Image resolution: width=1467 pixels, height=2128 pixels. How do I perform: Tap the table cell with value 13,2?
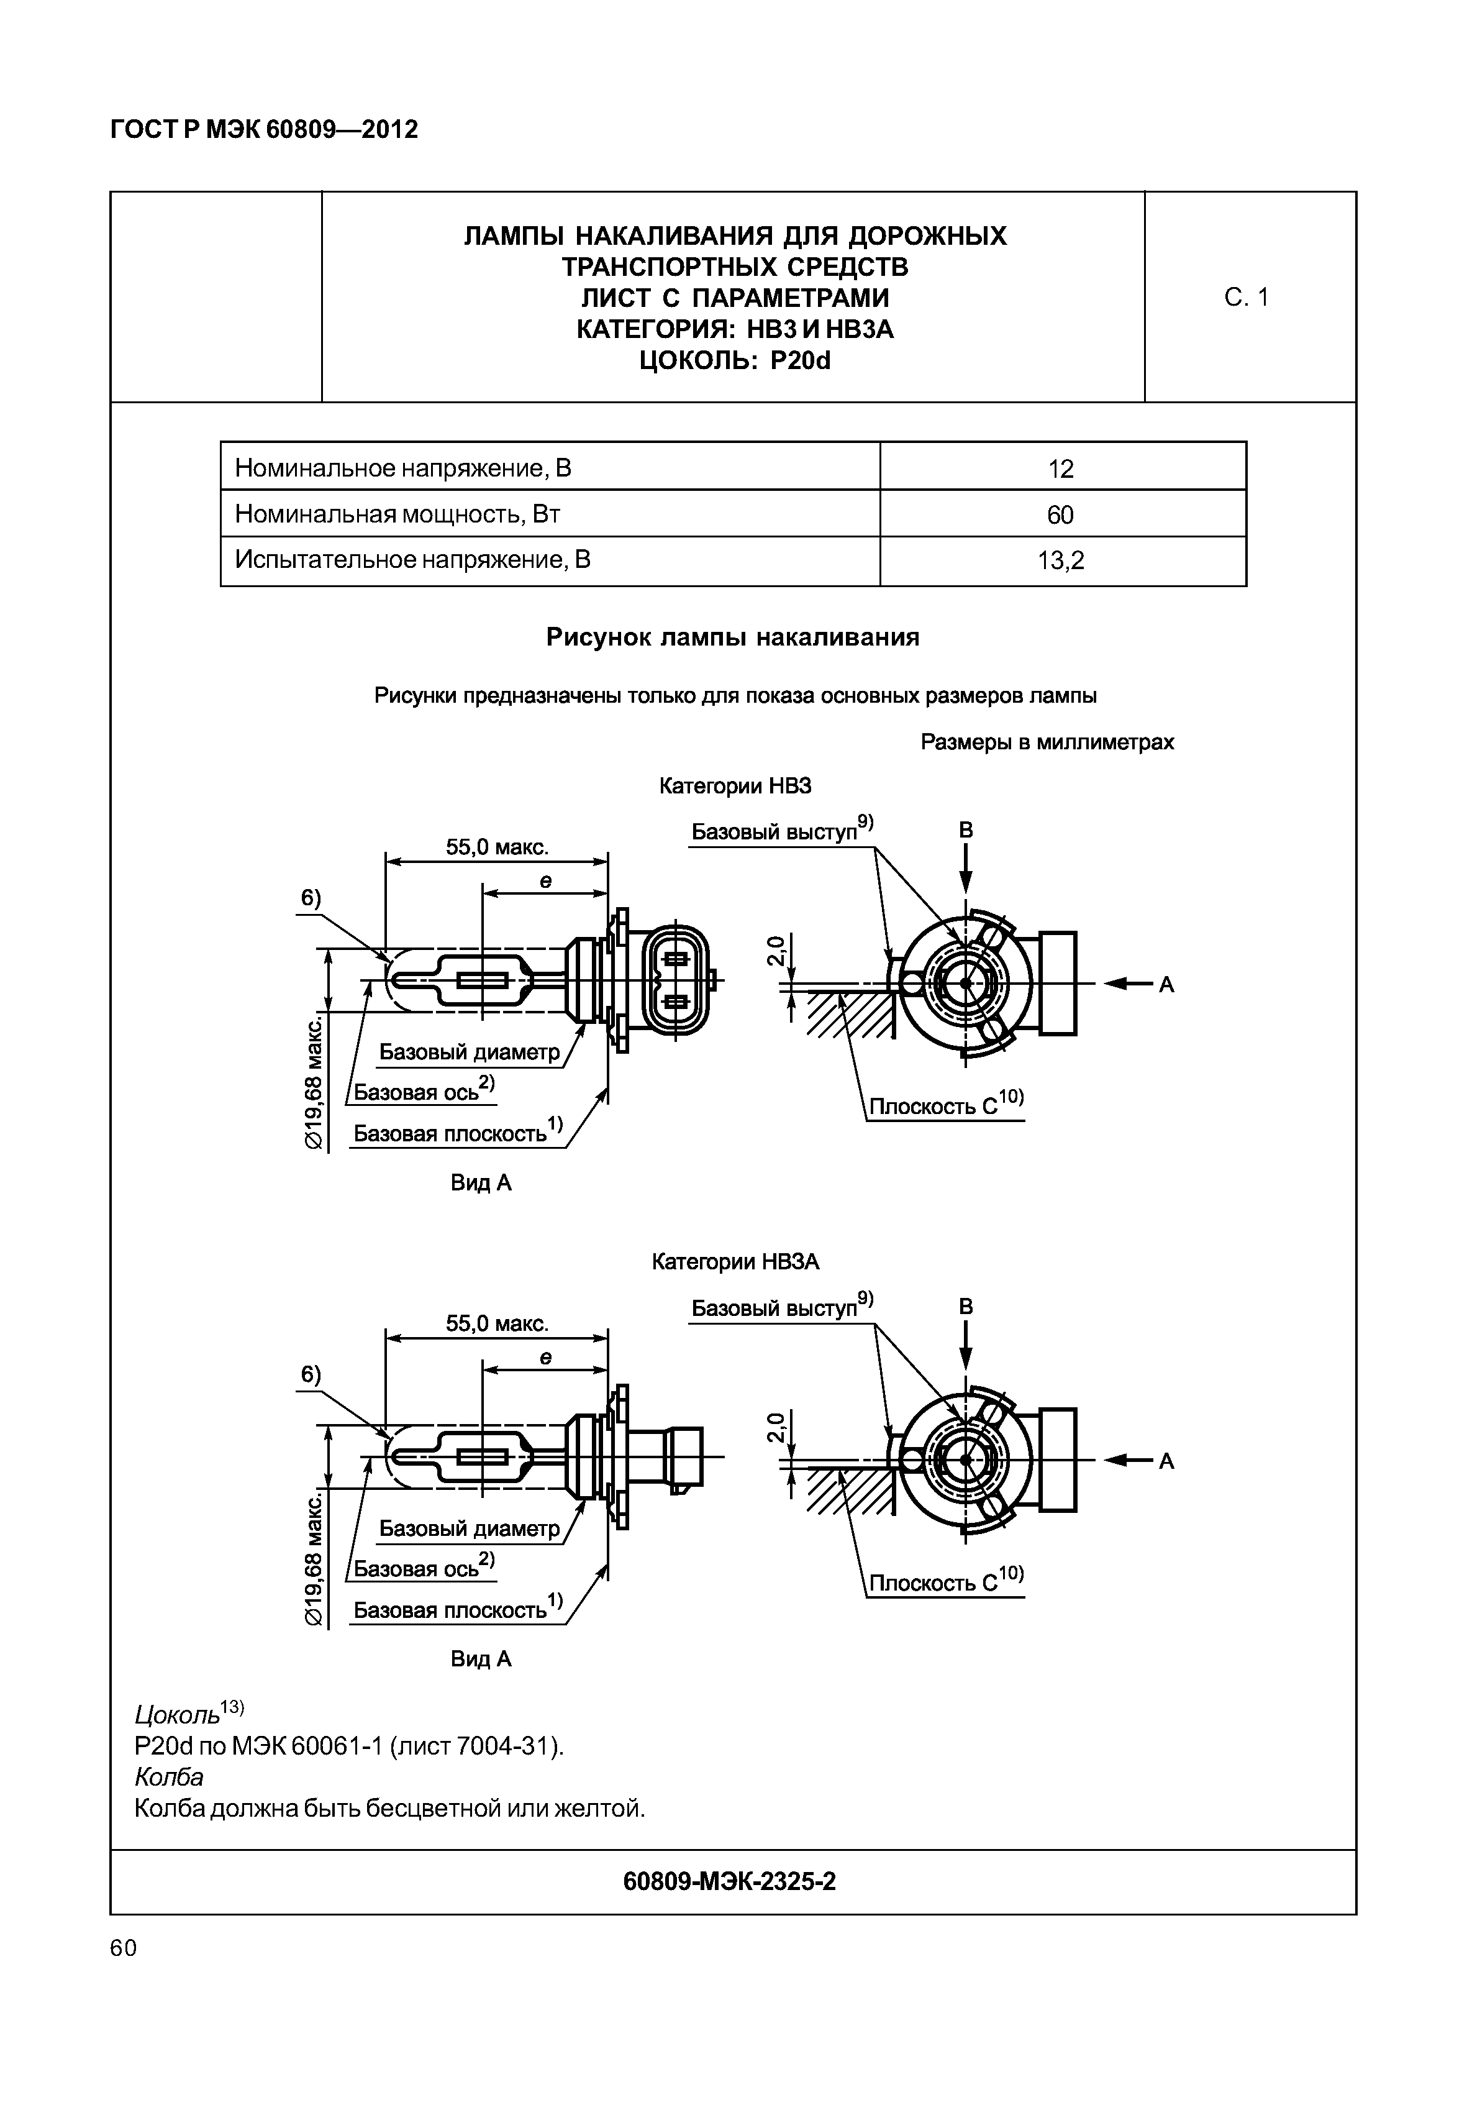coord(1061,560)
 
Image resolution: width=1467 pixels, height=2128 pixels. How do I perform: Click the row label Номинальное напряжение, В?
coord(402,468)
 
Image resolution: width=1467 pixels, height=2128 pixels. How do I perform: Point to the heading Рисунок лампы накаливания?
coord(733,636)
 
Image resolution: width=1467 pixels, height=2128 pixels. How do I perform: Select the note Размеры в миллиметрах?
coord(1047,741)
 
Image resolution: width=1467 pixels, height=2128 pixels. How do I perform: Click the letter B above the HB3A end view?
coord(965,1307)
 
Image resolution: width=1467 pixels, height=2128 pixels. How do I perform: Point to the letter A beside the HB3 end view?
coord(1166,985)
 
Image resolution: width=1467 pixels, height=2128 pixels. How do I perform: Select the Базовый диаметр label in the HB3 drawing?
coord(469,1051)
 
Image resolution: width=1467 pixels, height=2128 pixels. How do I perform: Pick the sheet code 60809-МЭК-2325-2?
coord(729,1881)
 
